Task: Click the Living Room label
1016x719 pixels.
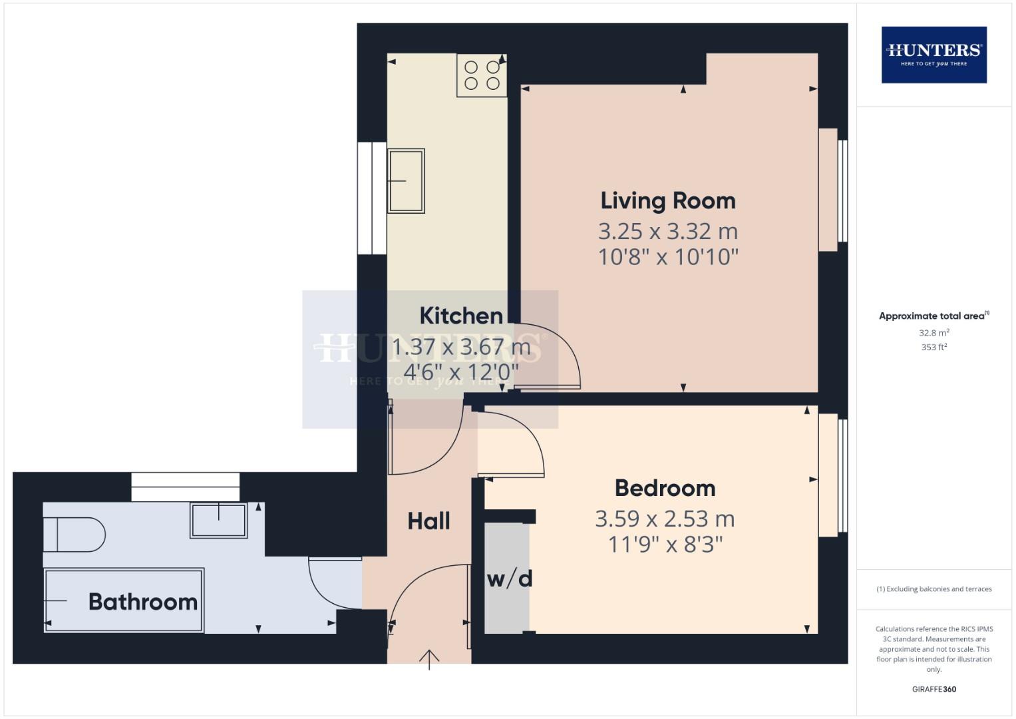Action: [668, 200]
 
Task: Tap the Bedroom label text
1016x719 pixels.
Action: [665, 488]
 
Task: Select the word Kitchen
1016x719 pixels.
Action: [461, 316]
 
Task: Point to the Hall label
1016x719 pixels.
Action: [428, 521]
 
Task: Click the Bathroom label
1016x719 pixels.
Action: [143, 602]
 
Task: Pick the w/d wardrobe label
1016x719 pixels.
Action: [510, 579]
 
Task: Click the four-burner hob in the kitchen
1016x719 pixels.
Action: [482, 75]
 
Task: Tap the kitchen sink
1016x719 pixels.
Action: [406, 180]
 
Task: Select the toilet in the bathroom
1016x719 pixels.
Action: [73, 535]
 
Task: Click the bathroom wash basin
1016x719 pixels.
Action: [219, 520]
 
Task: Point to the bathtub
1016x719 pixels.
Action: [124, 600]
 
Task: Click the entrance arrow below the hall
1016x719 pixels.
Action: [429, 659]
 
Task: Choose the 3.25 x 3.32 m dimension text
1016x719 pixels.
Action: [668, 232]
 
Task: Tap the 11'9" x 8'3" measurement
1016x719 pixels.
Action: [665, 545]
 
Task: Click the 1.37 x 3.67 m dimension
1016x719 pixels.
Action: [461, 347]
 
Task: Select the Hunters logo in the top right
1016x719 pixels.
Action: [933, 55]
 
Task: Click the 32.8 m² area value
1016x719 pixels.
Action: [933, 333]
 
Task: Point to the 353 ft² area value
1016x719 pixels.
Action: [933, 347]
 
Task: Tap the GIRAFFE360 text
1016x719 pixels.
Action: [933, 689]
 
